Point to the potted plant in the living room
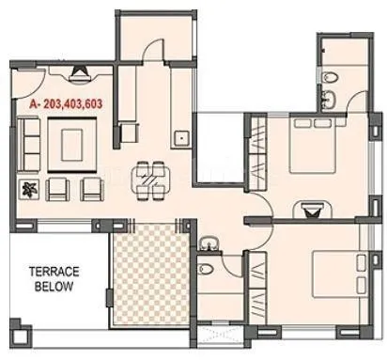(x=28, y=189)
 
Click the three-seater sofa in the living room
(x=30, y=143)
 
